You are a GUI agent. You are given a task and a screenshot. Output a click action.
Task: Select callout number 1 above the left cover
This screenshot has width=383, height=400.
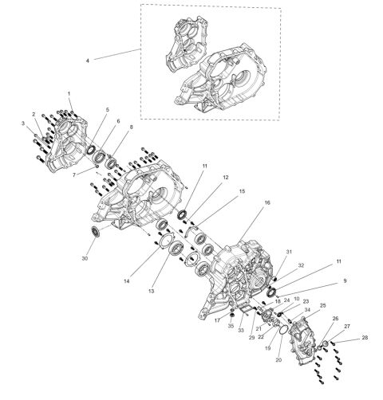tap(69, 94)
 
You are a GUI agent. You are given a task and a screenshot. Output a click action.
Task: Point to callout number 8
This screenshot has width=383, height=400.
tap(132, 127)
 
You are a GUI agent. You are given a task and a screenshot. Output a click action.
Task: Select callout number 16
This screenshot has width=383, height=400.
tap(267, 203)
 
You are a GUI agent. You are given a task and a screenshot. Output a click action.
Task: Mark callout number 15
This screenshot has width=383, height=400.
tap(240, 192)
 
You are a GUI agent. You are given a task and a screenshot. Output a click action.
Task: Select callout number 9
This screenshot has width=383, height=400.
tap(344, 281)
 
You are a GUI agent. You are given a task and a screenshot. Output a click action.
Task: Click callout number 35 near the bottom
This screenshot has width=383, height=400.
tap(231, 327)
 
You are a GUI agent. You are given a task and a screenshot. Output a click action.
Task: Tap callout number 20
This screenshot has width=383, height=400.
tap(278, 360)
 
